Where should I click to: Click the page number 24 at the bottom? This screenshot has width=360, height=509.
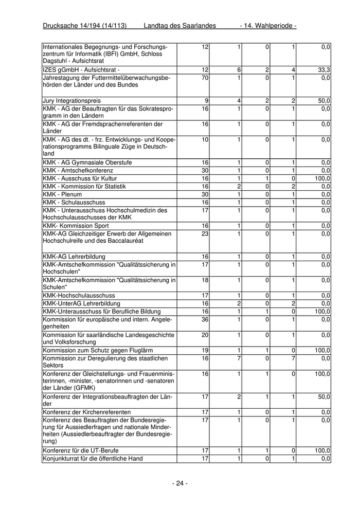(179, 483)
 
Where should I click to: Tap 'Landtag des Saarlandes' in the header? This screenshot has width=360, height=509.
(180, 26)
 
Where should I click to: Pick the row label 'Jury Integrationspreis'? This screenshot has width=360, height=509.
(72, 101)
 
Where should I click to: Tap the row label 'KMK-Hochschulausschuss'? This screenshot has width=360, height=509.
(79, 296)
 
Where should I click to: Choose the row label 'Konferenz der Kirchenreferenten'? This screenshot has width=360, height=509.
(87, 412)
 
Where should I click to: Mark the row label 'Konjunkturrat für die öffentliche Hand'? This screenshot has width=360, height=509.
(93, 459)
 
